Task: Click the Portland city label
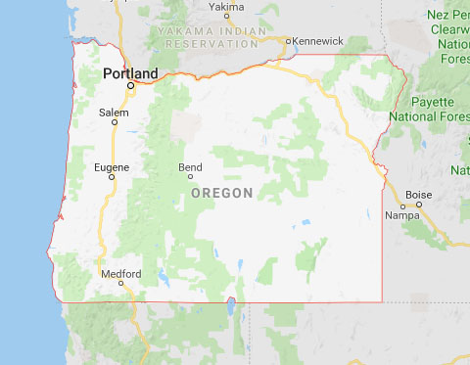(130, 73)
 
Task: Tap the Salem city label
(114, 113)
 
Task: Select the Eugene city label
(111, 167)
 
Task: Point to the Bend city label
(190, 167)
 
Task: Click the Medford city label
(120, 273)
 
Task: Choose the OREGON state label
(222, 192)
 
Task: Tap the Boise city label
(418, 194)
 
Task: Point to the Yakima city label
(227, 7)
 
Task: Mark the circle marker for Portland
(130, 87)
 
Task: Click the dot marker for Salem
(114, 124)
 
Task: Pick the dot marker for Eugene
(112, 178)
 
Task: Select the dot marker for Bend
(190, 177)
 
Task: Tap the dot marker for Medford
(120, 283)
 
